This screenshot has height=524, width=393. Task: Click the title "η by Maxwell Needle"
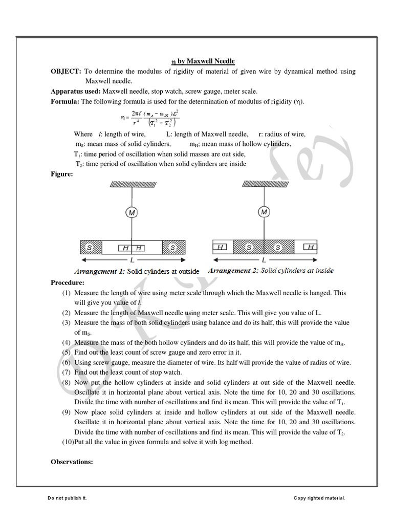pyautogui.click(x=202, y=61)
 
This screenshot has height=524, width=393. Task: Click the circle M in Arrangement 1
pyautogui.click(x=132, y=212)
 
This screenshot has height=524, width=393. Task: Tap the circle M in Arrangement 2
pyautogui.click(x=264, y=212)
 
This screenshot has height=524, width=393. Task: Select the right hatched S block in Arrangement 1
pyautogui.click(x=173, y=248)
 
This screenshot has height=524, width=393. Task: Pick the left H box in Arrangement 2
pyautogui.click(x=221, y=248)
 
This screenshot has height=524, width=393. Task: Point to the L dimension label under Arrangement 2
pyautogui.click(x=264, y=260)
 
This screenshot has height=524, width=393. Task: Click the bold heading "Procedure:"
pyautogui.click(x=68, y=282)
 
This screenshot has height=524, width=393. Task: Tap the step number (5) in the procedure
pyautogui.click(x=67, y=353)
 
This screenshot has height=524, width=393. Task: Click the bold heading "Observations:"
pyautogui.click(x=72, y=462)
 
